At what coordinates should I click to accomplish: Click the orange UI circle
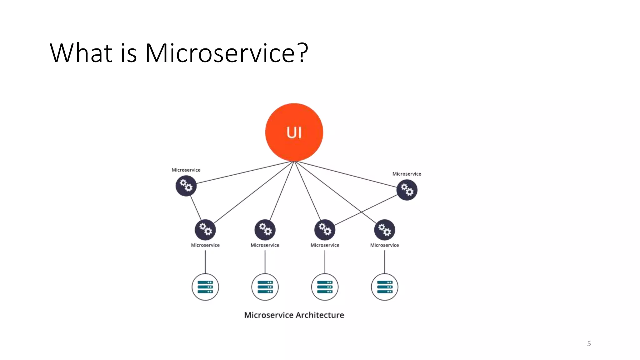pyautogui.click(x=294, y=132)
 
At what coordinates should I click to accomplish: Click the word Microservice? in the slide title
pyautogui.click(x=227, y=53)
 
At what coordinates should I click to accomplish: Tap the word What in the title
pyautogui.click(x=81, y=53)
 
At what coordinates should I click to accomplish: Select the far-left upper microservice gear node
pyautogui.click(x=186, y=186)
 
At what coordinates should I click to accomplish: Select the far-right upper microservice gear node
pyautogui.click(x=407, y=190)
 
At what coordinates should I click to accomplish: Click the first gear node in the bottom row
pyautogui.click(x=205, y=230)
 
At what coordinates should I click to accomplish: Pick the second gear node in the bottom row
pyautogui.click(x=265, y=230)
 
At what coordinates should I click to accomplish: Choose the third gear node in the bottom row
pyautogui.click(x=325, y=230)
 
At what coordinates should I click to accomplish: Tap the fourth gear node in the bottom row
pyautogui.click(x=384, y=230)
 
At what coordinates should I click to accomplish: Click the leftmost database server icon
pyautogui.click(x=205, y=287)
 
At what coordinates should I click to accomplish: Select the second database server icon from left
pyautogui.click(x=265, y=287)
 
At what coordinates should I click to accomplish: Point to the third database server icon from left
pyautogui.click(x=325, y=287)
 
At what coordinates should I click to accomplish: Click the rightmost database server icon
pyautogui.click(x=384, y=287)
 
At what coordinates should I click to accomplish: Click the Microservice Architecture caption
pyautogui.click(x=294, y=315)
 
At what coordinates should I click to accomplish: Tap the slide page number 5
pyautogui.click(x=589, y=344)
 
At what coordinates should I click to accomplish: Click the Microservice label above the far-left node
pyautogui.click(x=186, y=170)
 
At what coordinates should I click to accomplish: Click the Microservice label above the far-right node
pyautogui.click(x=407, y=174)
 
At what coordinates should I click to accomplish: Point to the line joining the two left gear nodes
pyautogui.click(x=196, y=208)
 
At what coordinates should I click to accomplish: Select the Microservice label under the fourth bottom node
pyautogui.click(x=384, y=245)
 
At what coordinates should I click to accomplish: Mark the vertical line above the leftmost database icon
pyautogui.click(x=205, y=262)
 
